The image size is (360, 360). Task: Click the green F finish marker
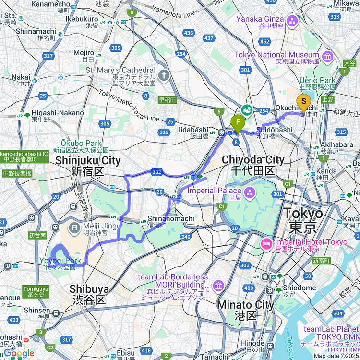[237, 122]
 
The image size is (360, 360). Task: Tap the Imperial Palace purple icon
[250, 193]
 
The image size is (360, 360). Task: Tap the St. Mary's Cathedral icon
[164, 75]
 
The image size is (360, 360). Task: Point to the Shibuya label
[89, 289]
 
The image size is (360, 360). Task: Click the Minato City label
[245, 305]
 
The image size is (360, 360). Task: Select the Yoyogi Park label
[60, 261]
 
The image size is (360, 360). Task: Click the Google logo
[18, 353]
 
